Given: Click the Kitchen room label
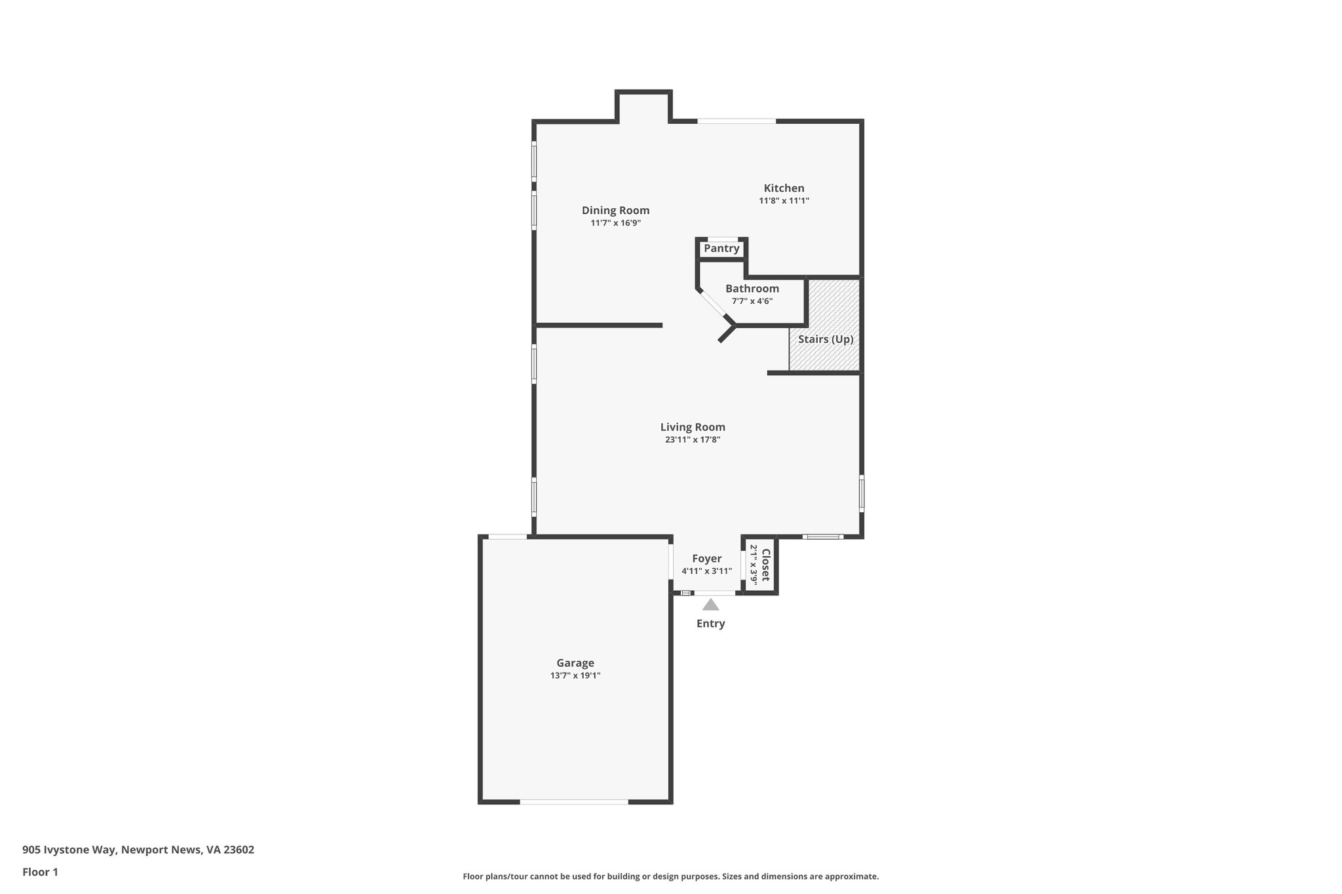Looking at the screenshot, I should pos(784,189).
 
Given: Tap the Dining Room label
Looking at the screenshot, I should pos(615,210).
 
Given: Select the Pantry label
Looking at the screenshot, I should pos(721,249).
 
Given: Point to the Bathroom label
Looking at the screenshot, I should pos(752,289).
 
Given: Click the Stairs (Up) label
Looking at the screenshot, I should pos(826,339).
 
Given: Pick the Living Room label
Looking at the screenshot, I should pos(693,427).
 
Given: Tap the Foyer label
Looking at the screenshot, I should pos(706,559).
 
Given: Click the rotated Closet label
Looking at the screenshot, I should pos(765,565).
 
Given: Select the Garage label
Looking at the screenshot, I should pos(575,663).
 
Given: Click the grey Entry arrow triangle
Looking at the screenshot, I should pos(710,605).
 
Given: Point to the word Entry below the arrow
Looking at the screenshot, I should pos(710,624).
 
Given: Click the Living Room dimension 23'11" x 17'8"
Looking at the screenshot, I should pos(693,440).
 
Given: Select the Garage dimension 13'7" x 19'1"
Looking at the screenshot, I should pos(575,675).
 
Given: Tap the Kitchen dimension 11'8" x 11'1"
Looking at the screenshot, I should pos(784,201).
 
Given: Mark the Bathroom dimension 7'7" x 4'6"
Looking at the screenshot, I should pos(752,301).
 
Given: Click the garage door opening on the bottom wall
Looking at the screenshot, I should pos(574,802).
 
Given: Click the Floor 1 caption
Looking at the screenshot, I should pos(40,872).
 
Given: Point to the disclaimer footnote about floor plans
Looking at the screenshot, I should pos(670,876).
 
